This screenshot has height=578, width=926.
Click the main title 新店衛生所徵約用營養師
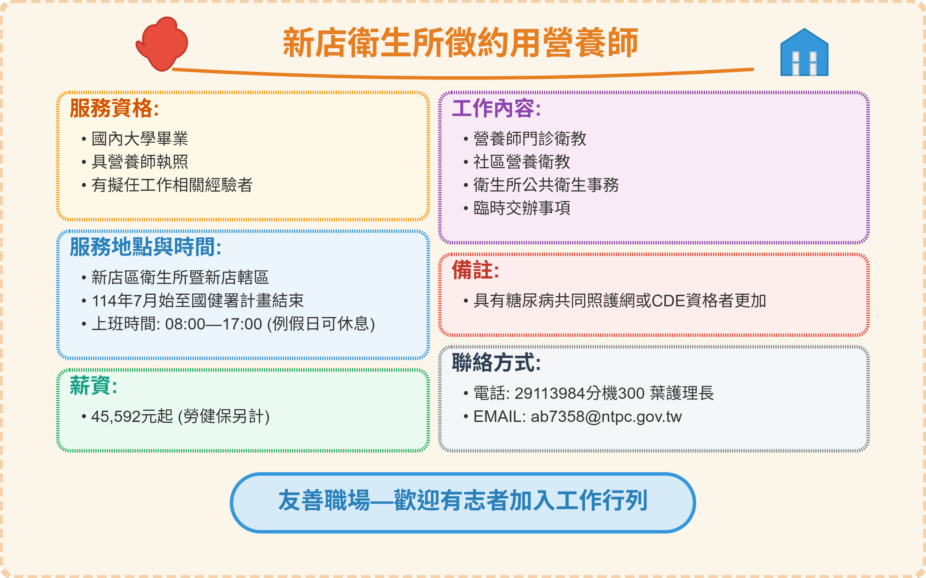460,42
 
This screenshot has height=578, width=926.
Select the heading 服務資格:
114,108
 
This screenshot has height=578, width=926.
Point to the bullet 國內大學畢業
140,139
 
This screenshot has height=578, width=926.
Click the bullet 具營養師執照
140,162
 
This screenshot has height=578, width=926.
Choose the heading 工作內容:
496,108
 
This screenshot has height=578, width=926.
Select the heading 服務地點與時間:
145,247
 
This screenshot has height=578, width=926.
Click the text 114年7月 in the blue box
124,301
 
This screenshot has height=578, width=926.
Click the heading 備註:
475,270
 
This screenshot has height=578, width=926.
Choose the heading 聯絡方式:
496,362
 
